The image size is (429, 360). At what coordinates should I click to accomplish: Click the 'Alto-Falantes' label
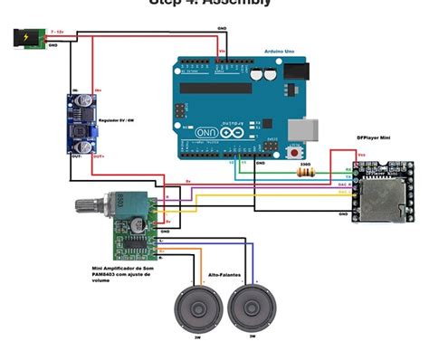(x=225, y=270)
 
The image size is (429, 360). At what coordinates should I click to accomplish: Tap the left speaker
(x=196, y=308)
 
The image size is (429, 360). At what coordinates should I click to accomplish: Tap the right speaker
(x=252, y=308)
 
